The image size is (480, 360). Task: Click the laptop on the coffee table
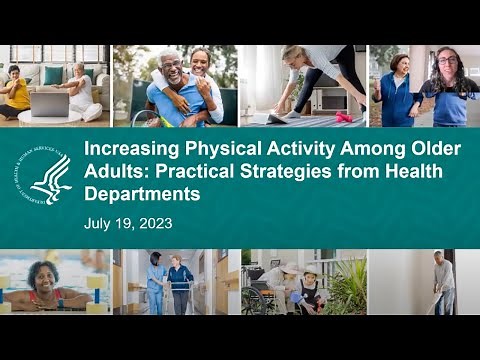tap(50, 103)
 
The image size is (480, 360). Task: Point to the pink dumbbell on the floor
tap(343, 117)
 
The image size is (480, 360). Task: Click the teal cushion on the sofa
tap(53, 75)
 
